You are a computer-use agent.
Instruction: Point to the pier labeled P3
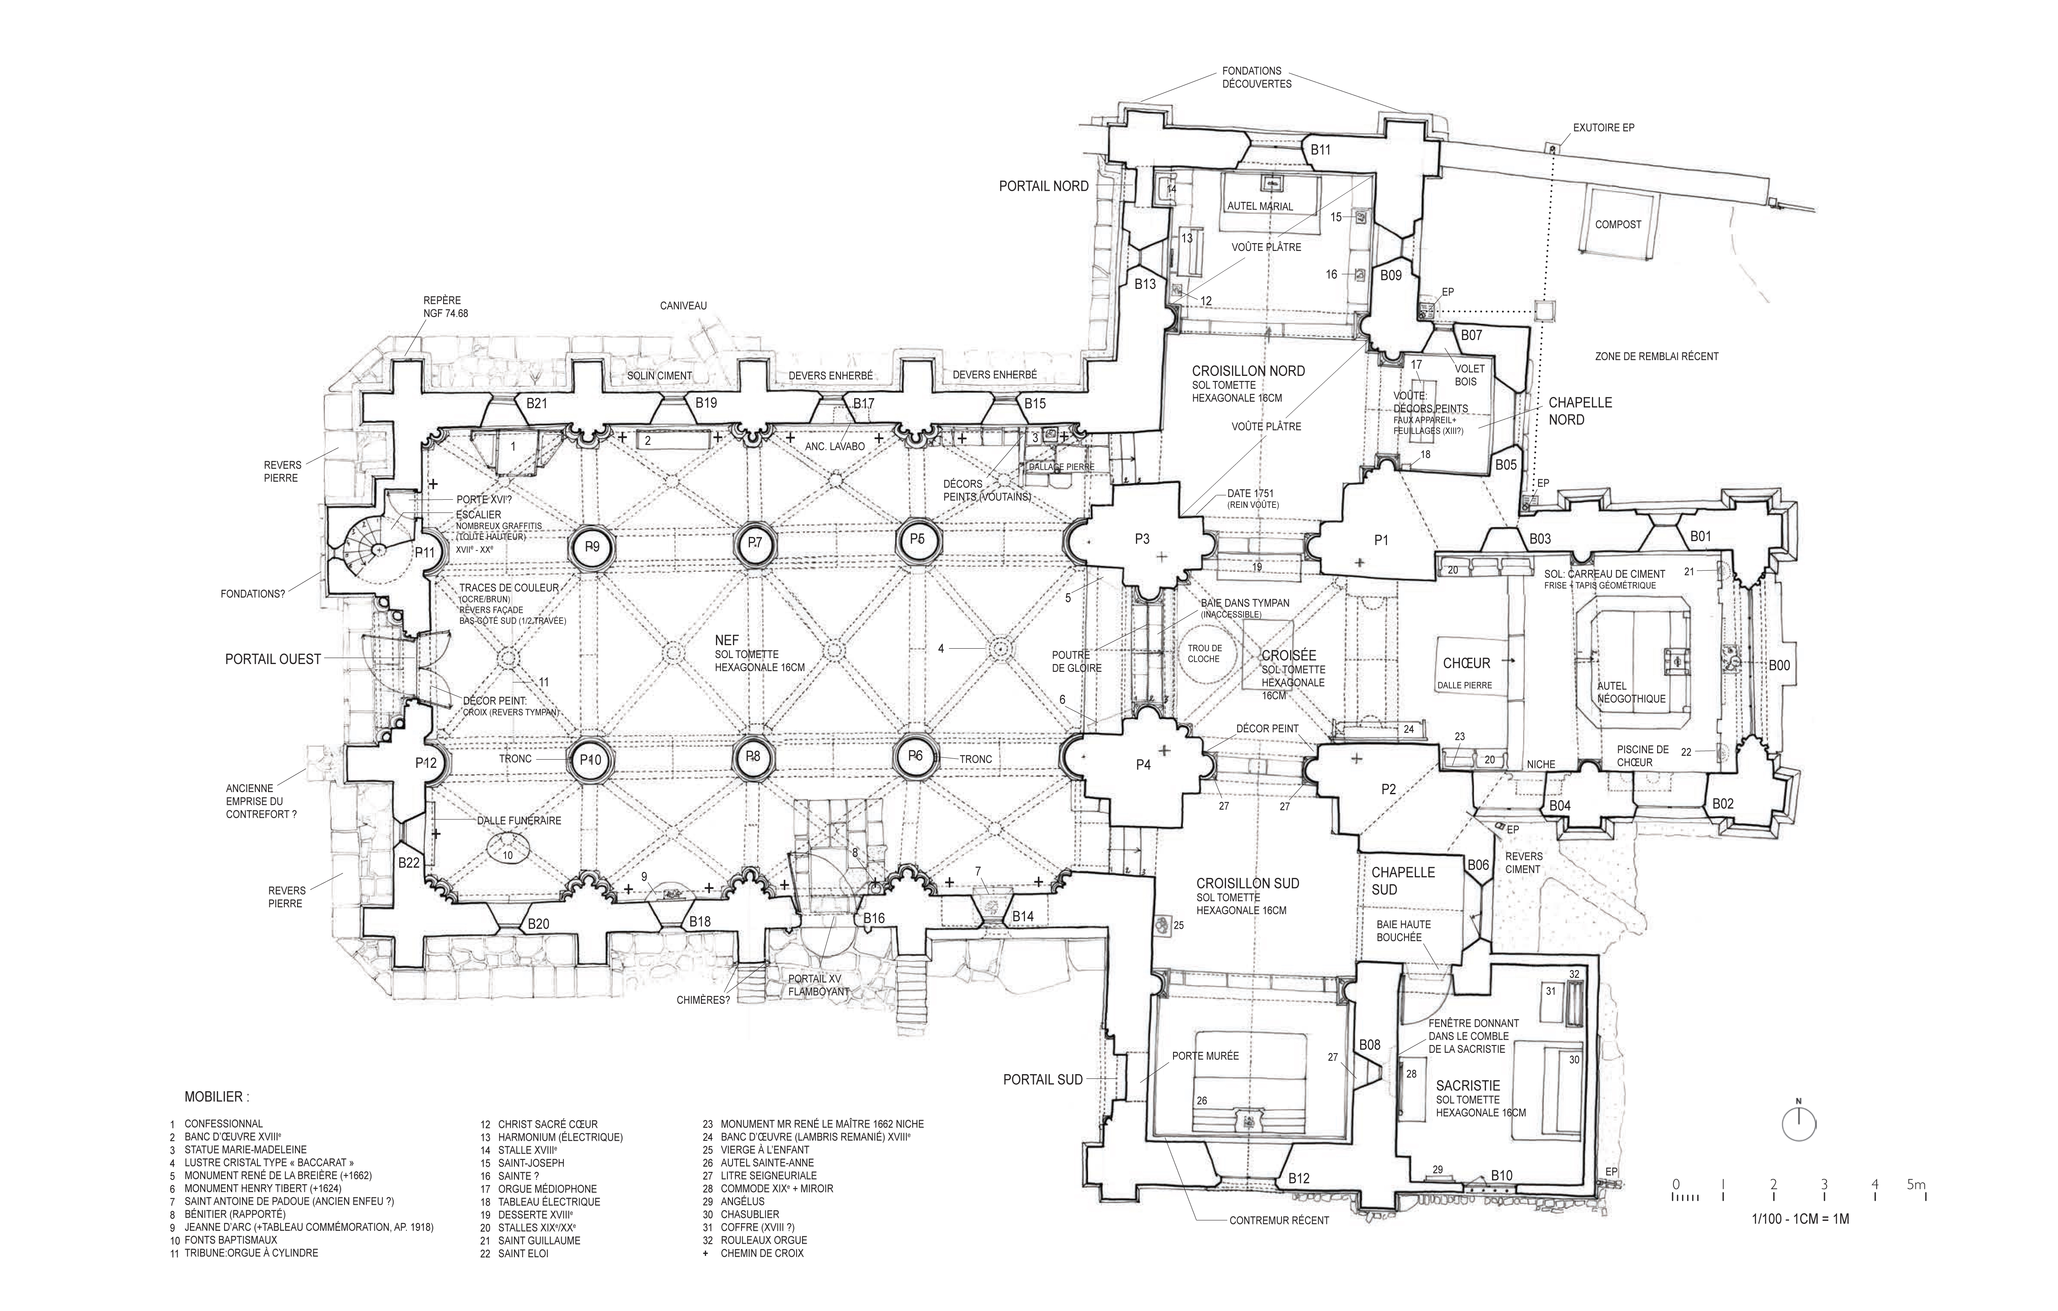[x=1143, y=539]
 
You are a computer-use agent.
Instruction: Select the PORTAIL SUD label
[x=1043, y=1079]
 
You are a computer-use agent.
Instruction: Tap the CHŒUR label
[x=1467, y=663]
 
